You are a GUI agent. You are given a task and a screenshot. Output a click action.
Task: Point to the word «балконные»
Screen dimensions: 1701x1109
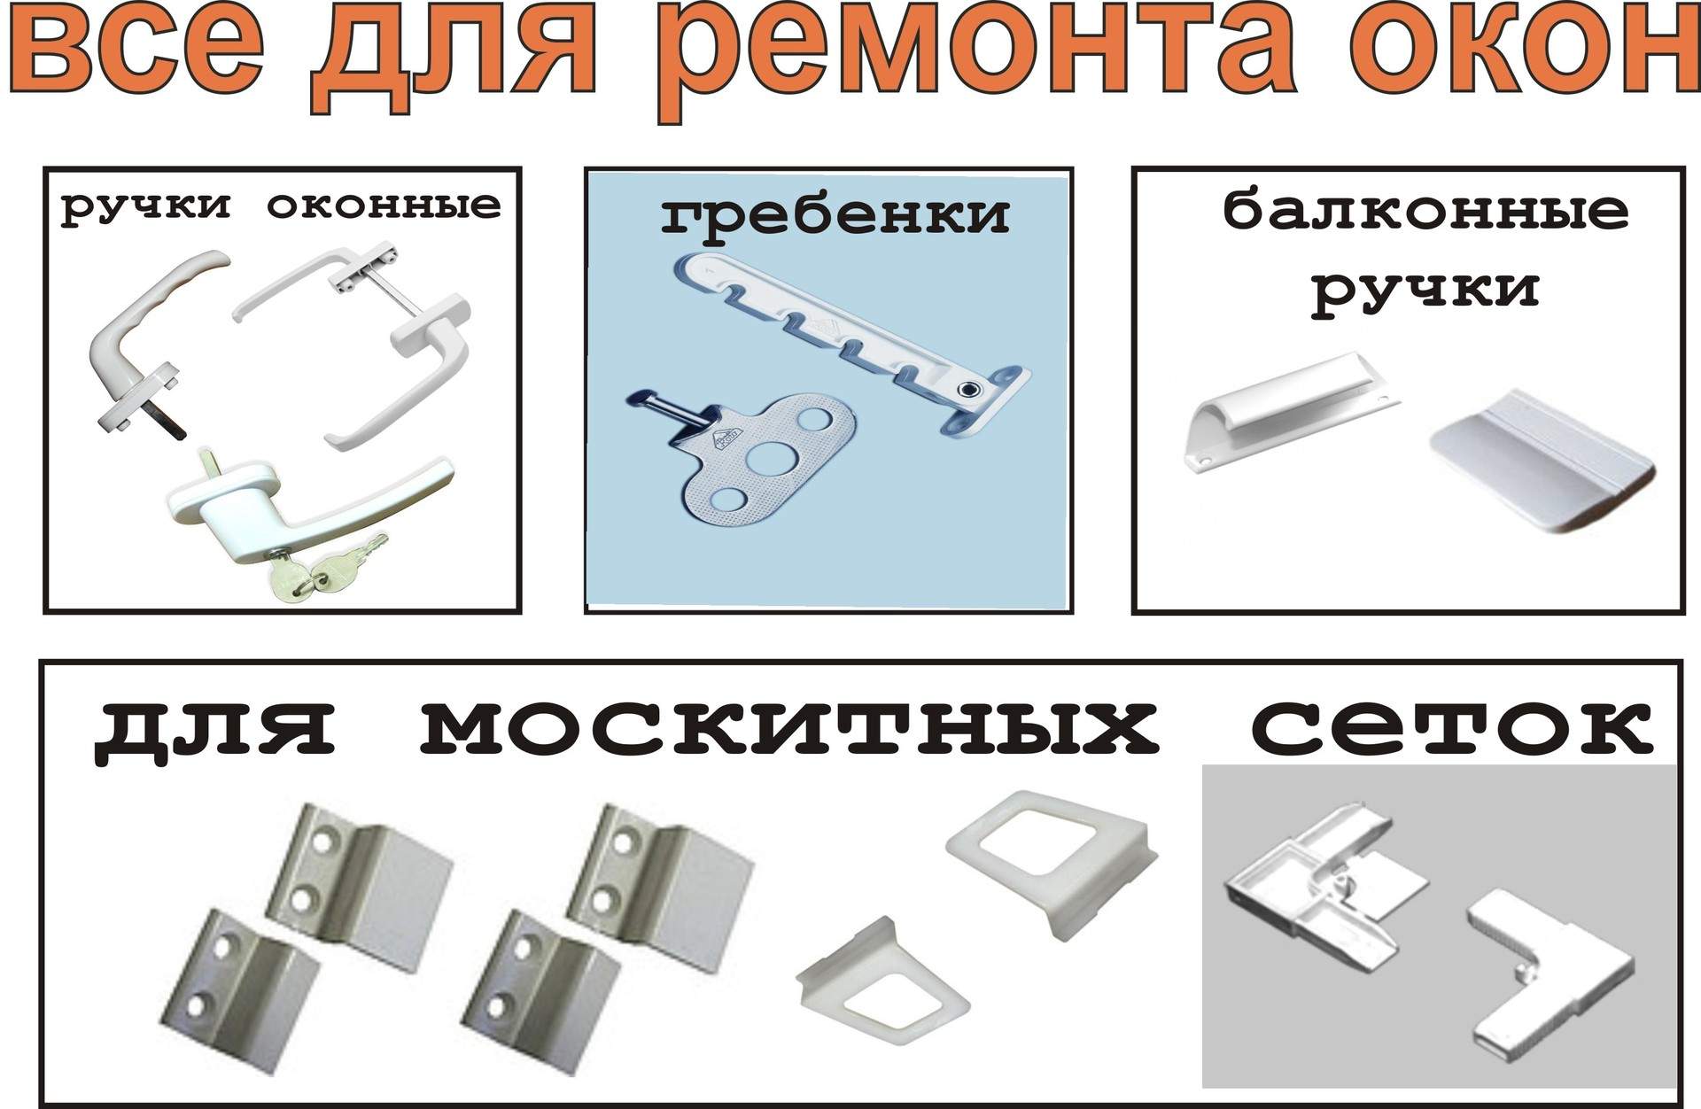(x=1426, y=212)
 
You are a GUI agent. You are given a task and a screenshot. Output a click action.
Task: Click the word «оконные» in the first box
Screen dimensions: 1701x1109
(x=384, y=206)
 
